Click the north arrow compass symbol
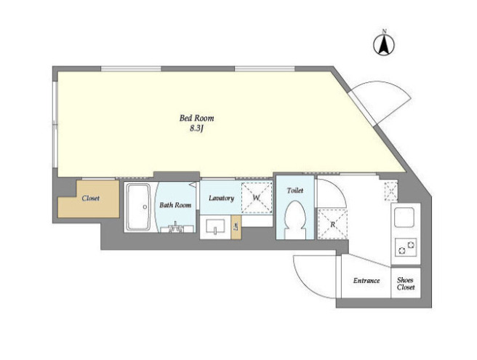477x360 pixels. pyautogui.click(x=384, y=44)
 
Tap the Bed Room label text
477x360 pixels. pyautogui.click(x=196, y=118)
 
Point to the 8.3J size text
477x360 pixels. pyautogui.click(x=196, y=129)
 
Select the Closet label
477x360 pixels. pyautogui.click(x=90, y=199)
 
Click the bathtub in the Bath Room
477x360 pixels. pyautogui.click(x=139, y=207)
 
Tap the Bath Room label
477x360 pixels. pyautogui.click(x=175, y=205)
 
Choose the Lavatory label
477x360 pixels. pyautogui.click(x=221, y=199)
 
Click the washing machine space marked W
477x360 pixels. pyautogui.click(x=257, y=198)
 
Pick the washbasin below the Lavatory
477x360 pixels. pyautogui.click(x=215, y=226)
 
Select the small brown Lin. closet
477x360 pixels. pyautogui.click(x=236, y=227)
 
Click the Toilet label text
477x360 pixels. pyautogui.click(x=294, y=191)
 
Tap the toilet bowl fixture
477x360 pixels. pyautogui.click(x=294, y=220)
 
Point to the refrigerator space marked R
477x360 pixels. pyautogui.click(x=332, y=225)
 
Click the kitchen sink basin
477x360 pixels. pyautogui.click(x=404, y=217)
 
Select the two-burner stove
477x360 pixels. pyautogui.click(x=406, y=247)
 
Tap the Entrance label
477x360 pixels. pyautogui.click(x=366, y=281)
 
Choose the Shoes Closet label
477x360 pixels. pyautogui.click(x=406, y=284)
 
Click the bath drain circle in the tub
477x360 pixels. pyautogui.click(x=145, y=207)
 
